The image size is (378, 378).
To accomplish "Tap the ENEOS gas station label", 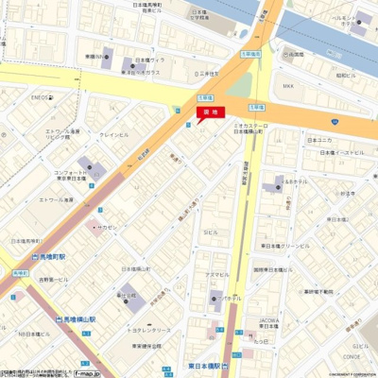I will (x=40, y=96).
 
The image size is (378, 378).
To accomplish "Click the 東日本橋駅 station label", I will (x=202, y=365).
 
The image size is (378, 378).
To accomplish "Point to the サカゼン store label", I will (x=105, y=227).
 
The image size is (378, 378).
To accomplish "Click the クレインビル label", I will (x=115, y=135).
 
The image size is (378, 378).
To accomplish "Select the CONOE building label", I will (x=352, y=357).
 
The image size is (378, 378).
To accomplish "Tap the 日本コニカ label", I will (x=318, y=140).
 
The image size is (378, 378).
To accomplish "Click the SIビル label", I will (x=209, y=232).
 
